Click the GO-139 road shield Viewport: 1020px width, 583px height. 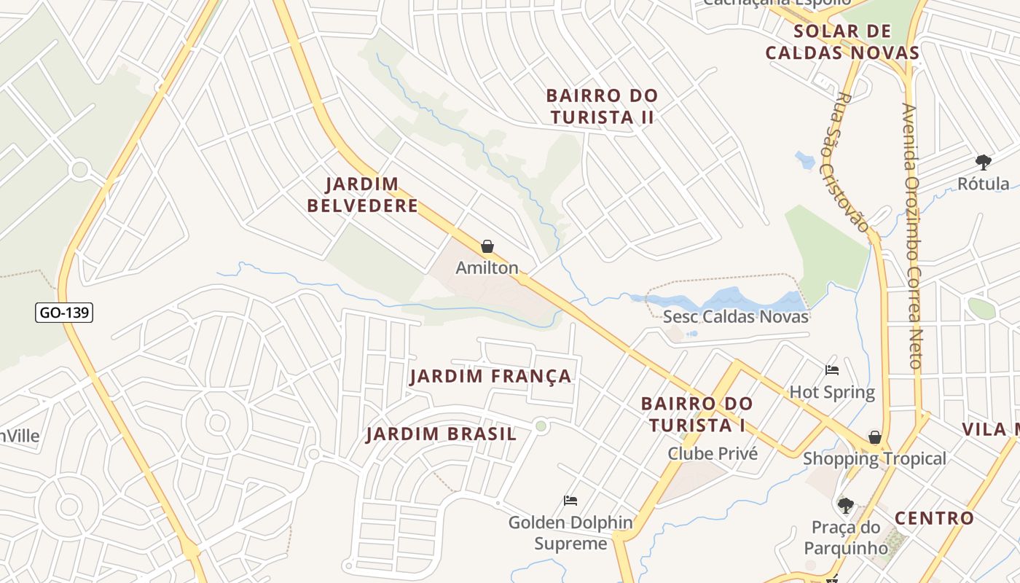click(x=64, y=313)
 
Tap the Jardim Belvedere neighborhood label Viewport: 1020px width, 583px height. click(x=363, y=195)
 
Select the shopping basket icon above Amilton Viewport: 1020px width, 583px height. click(x=487, y=247)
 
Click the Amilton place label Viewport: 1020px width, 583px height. click(x=487, y=268)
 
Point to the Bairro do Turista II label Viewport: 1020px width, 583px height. click(x=602, y=106)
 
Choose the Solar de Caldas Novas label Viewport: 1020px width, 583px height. click(x=842, y=42)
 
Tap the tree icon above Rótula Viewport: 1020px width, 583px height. click(x=983, y=162)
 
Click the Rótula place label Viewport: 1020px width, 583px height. click(x=983, y=184)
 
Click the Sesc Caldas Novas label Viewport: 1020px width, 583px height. click(x=736, y=317)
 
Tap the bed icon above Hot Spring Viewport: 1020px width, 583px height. click(x=832, y=370)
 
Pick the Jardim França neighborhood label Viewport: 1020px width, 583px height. click(x=490, y=377)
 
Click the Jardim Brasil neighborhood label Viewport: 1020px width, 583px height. click(x=442, y=434)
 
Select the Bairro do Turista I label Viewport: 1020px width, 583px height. click(x=697, y=414)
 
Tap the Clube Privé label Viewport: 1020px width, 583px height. click(x=713, y=454)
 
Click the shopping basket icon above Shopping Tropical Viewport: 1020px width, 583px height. click(x=874, y=437)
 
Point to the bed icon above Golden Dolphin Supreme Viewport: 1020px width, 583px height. click(x=570, y=501)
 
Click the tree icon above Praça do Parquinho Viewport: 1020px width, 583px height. click(x=845, y=505)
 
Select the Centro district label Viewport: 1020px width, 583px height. click(x=934, y=518)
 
